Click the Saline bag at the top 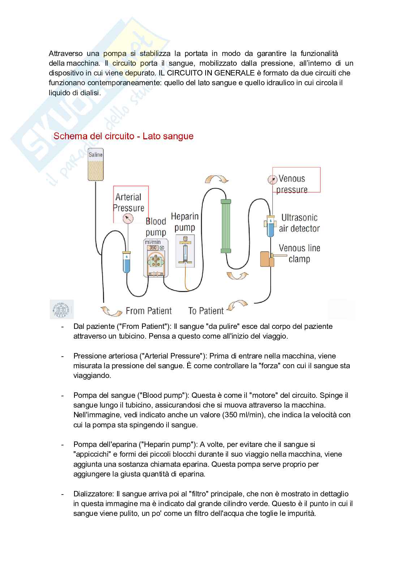[x=95, y=165]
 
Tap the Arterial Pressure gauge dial [x=128, y=218]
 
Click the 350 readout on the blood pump [x=153, y=248]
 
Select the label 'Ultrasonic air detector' [x=299, y=223]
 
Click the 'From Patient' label [x=149, y=311]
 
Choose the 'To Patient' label [x=206, y=311]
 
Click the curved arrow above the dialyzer [x=216, y=180]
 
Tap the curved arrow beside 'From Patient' [x=110, y=310]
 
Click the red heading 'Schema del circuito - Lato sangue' [x=123, y=136]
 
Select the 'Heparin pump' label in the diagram [x=185, y=222]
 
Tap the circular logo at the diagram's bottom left [x=61, y=310]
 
